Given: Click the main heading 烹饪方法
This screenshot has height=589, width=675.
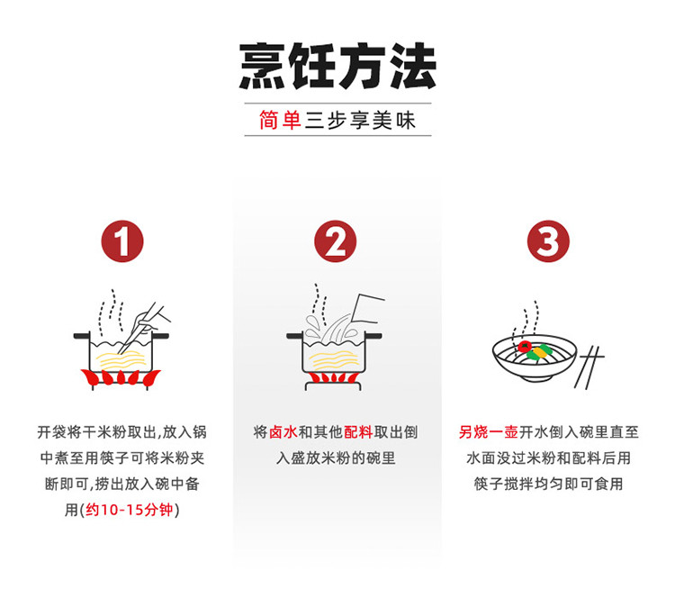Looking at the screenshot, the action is pos(337,66).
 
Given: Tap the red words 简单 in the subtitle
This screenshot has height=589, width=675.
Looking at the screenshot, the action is pos(280,120).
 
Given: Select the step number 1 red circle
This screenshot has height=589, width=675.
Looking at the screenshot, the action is pos(122,241).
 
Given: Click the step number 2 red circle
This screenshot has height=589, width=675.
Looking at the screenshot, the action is pos(336,241).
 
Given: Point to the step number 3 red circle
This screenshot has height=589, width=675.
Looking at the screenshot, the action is pos(548,241).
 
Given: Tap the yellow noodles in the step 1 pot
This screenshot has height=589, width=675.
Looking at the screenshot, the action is pos(121,360).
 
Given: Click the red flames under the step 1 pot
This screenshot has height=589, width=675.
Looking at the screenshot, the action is pos(121,377).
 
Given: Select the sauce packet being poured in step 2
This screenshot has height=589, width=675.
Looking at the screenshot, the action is pos(367,309).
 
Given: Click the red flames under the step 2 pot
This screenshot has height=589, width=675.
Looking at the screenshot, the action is pos(334,378).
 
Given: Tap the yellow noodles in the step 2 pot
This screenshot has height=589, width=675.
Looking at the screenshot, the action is pos(334,360).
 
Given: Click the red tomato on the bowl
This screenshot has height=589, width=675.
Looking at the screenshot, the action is pos(525,347).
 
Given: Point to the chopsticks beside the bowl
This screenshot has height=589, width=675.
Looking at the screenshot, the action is pos(589,367).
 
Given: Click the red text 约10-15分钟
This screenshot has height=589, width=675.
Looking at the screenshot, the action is pos(129,510).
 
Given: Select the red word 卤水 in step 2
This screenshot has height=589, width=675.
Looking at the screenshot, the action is pos(283,432).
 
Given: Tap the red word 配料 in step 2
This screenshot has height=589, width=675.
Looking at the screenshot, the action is pos(358,432).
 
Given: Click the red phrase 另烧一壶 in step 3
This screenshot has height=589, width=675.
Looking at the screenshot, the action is pos(488,432).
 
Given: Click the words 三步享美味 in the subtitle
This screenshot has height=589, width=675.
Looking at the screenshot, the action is pos(360,120).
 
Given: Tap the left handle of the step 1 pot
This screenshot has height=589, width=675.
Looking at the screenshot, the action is pos(82,336).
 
